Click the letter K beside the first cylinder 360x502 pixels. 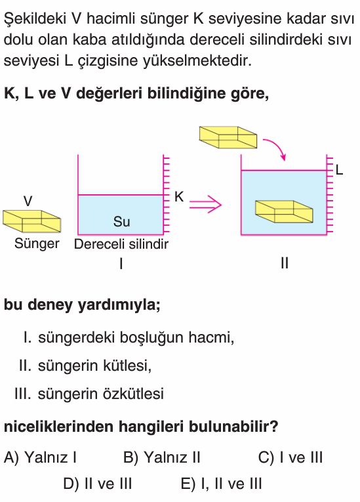179,197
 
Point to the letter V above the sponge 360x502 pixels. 28,201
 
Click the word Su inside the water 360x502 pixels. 121,222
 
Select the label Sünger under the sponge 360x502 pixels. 37,243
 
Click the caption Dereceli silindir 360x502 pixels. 121,244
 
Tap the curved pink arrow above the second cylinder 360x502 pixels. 275,148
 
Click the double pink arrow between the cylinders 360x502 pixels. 205,204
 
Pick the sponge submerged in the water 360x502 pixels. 284,211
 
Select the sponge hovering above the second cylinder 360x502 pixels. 228,137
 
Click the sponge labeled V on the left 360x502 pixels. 31,221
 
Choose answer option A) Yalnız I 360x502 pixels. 40,457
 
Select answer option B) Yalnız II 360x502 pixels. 161,457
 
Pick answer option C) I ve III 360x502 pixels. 290,457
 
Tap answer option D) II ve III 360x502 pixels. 98,484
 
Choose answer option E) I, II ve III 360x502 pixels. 221,484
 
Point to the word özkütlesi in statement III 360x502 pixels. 133,394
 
